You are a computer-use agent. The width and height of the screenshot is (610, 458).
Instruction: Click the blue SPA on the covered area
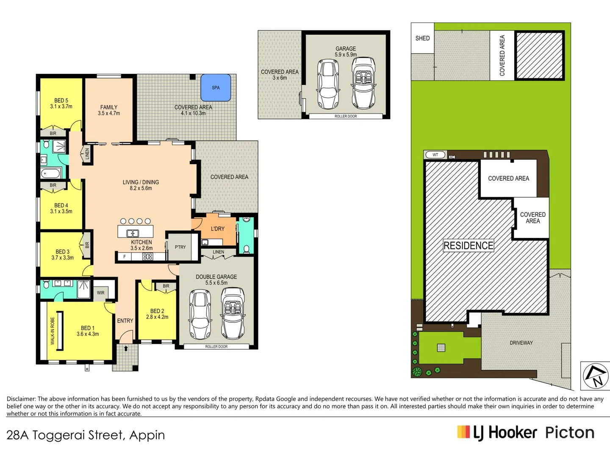216,87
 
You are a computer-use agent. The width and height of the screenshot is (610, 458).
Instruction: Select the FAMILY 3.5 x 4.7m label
109,110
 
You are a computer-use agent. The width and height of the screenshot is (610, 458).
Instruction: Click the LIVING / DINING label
141,185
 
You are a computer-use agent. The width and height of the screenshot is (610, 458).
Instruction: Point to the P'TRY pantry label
180,247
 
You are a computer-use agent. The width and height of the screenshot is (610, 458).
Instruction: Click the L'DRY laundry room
218,229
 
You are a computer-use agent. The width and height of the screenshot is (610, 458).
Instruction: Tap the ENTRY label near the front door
125,321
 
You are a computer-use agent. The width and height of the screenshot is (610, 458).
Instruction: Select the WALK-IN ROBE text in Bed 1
53,331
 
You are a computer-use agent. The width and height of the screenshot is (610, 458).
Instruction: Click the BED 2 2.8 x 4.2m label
157,314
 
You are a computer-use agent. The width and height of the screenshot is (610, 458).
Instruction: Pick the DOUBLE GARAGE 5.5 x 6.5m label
216,279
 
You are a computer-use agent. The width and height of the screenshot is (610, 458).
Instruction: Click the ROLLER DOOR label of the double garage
216,346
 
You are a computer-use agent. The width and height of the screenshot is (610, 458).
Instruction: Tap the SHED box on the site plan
422,38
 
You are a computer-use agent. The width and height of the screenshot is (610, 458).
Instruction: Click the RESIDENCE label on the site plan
468,246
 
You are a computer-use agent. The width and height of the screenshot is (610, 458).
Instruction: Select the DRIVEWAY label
521,343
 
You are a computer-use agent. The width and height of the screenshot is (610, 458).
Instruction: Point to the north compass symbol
595,375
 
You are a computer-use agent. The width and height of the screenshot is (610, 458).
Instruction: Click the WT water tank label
435,155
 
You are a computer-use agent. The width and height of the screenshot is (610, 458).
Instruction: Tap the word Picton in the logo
569,433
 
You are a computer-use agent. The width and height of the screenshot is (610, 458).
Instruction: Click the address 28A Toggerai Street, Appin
86,435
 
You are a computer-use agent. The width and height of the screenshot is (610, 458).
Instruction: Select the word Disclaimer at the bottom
21,399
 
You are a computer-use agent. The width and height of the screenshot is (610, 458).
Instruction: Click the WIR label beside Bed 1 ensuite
100,293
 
